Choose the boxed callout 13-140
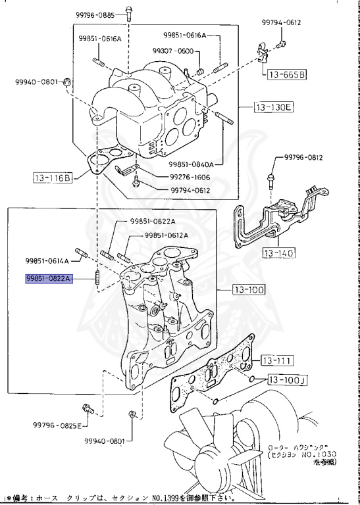tap(278, 252)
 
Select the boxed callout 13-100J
tap(287, 380)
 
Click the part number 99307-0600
tap(172, 51)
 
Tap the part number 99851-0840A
tap(195, 164)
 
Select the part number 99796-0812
tap(303, 158)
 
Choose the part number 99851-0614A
tap(47, 260)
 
